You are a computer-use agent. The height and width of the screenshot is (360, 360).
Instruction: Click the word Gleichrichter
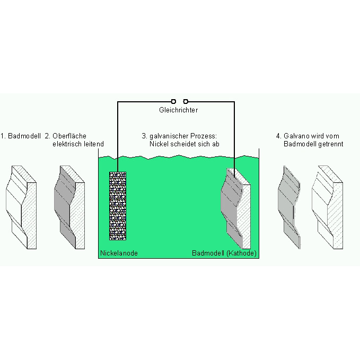pyautogui.click(x=178, y=110)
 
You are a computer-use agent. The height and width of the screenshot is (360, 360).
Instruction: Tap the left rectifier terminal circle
pyautogui.click(x=173, y=101)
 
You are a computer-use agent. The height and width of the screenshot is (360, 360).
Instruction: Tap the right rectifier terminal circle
pyautogui.click(x=186, y=101)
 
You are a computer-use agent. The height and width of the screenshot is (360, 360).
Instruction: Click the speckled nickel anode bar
pyautogui.click(x=118, y=206)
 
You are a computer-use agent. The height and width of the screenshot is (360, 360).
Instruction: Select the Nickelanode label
pyautogui.click(x=119, y=253)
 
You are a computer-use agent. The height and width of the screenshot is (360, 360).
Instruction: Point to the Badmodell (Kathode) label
pyautogui.click(x=224, y=253)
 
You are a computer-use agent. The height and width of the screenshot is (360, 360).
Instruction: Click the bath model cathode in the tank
pyautogui.click(x=236, y=208)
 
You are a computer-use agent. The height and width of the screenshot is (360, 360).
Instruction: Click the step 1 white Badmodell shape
pyautogui.click(x=21, y=207)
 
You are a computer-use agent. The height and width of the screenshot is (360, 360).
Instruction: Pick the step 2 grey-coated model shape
pyautogui.click(x=69, y=207)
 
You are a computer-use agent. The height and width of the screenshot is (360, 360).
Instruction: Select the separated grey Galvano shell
pyautogui.click(x=289, y=207)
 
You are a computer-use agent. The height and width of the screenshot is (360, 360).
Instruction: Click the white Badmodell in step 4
pyautogui.click(x=328, y=207)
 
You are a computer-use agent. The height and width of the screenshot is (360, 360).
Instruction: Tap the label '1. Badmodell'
pyautogui.click(x=21, y=136)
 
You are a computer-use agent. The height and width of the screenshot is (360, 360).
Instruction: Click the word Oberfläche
pyautogui.click(x=69, y=136)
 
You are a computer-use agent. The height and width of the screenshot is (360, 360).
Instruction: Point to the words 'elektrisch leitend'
pyautogui.click(x=78, y=144)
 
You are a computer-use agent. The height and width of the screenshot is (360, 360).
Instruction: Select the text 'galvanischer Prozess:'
pyautogui.click(x=183, y=136)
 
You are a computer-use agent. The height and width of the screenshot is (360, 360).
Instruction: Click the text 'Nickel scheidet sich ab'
pyautogui.click(x=185, y=144)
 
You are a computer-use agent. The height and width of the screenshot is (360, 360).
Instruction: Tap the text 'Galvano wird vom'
pyautogui.click(x=311, y=136)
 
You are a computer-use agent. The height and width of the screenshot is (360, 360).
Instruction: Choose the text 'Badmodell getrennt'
pyautogui.click(x=313, y=144)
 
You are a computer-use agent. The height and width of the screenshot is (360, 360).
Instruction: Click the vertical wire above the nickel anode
pyautogui.click(x=118, y=137)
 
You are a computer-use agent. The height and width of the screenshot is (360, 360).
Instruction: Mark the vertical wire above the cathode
pyautogui.click(x=234, y=139)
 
